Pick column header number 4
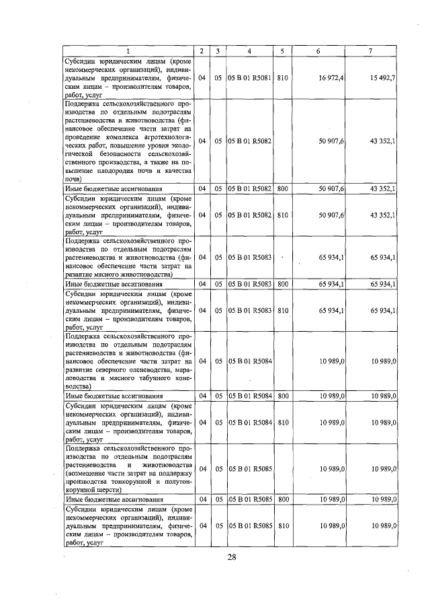click(x=249, y=51)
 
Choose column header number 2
click(x=202, y=51)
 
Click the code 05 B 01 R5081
click(x=249, y=78)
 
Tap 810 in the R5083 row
click(x=283, y=310)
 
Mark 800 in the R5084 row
click(x=283, y=396)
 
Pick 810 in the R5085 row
click(x=283, y=525)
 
